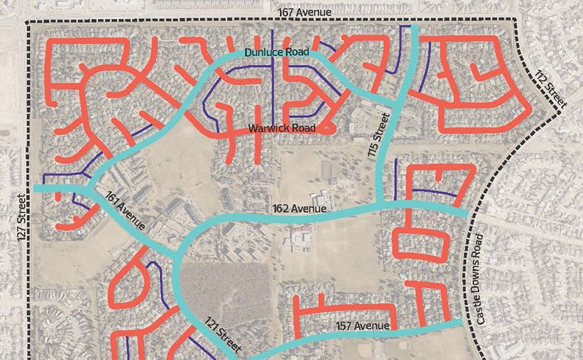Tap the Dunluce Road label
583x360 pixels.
click(276, 52)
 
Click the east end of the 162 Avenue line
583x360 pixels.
click(467, 214)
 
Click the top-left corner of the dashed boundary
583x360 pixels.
click(28, 24)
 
